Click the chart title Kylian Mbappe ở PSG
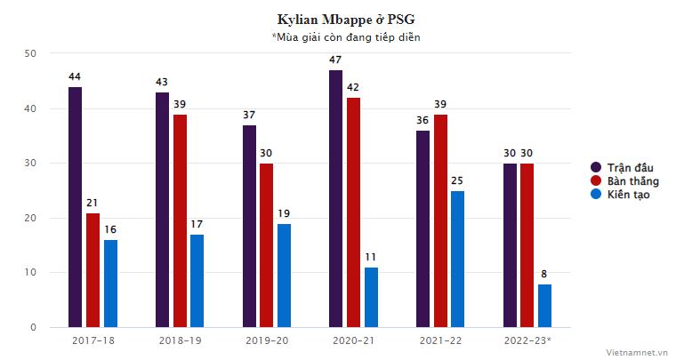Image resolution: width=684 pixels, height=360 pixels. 342,19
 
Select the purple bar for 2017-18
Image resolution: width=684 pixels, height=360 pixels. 75,207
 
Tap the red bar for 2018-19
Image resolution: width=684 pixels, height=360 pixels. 180,220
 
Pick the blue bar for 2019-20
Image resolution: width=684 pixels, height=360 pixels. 284,276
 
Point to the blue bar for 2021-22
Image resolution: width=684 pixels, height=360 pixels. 457,260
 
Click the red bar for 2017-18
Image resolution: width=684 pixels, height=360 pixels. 93,270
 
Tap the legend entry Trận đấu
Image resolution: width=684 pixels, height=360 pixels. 627,167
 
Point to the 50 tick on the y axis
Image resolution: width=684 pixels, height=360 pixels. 31,54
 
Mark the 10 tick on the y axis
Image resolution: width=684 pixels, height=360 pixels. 31,273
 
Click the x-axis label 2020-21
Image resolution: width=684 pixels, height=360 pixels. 353,341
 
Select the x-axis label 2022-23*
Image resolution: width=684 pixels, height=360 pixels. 527,341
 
